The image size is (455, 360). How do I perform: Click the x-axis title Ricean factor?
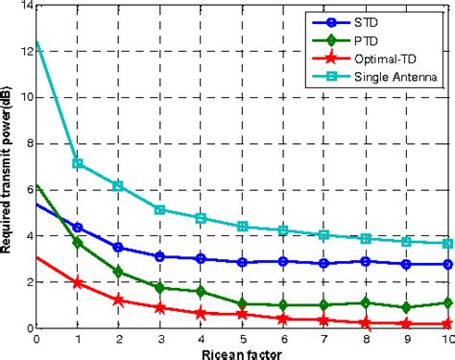point(242,351)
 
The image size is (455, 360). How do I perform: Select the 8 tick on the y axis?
point(28,143)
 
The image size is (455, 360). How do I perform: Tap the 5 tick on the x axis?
point(242,338)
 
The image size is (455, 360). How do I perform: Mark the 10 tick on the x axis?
point(445,338)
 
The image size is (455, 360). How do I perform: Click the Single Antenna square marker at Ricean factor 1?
point(78,163)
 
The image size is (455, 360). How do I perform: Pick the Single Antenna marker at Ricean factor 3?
point(160,209)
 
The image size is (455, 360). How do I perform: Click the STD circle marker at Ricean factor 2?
point(119,248)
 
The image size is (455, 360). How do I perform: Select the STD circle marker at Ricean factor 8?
point(366,261)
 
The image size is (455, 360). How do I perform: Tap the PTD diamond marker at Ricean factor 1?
point(78,242)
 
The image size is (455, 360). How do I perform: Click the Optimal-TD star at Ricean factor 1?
point(78,282)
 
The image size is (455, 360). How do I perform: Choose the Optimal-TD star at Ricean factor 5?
point(242,314)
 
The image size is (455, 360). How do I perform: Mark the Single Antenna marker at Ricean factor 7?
point(324,234)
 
